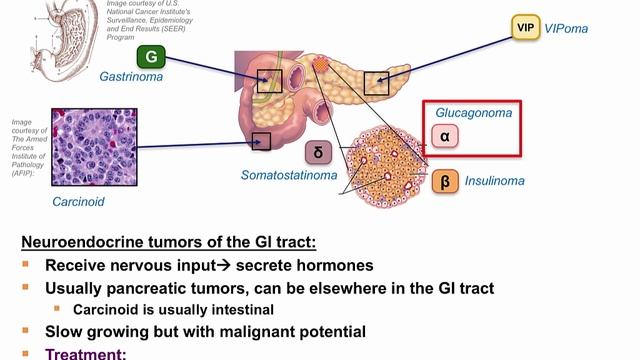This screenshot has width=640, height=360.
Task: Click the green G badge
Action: (x=150, y=55)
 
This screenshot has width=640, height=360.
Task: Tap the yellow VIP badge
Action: (x=526, y=27)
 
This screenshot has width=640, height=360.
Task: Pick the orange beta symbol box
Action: (x=444, y=182)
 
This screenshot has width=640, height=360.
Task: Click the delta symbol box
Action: (x=317, y=153)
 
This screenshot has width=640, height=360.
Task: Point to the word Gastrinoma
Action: (x=131, y=76)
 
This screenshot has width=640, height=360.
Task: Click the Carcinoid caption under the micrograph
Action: (x=78, y=201)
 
